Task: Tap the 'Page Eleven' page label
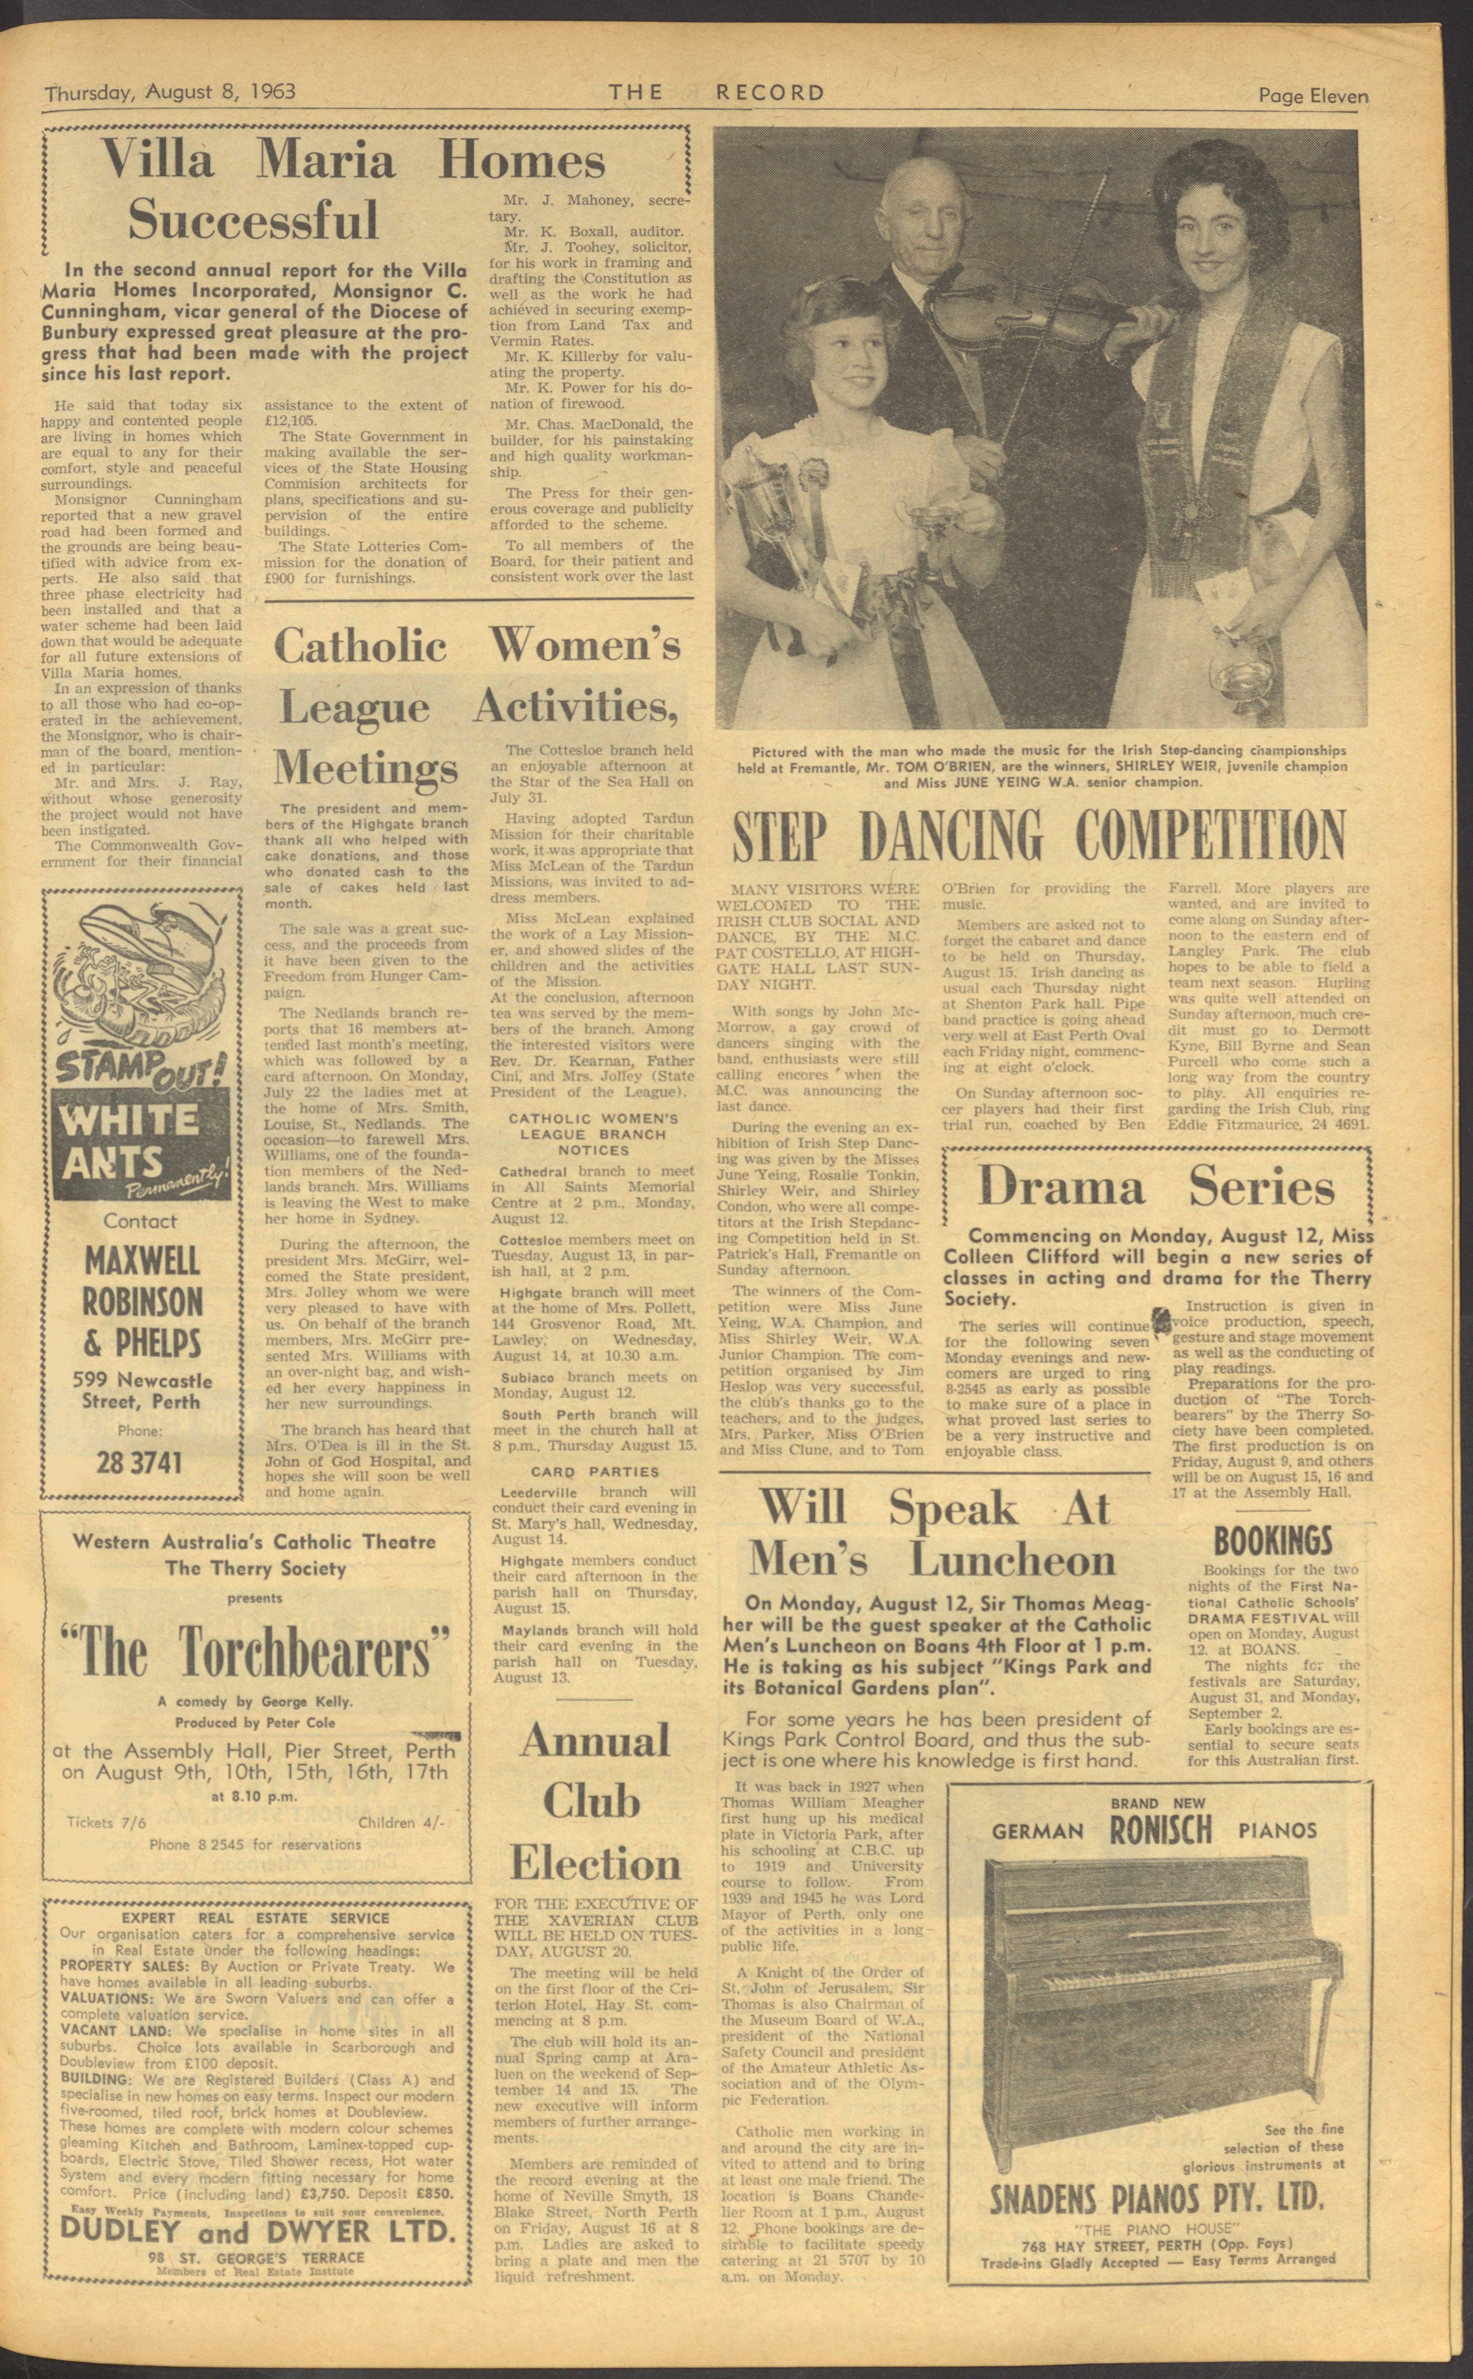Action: (1312, 95)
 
